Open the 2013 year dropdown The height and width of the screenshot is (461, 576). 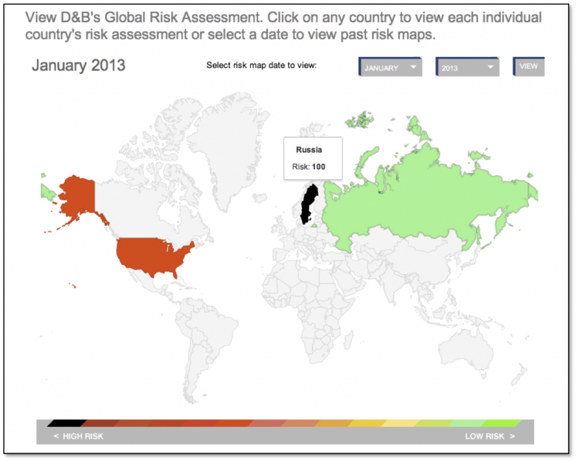pos(467,68)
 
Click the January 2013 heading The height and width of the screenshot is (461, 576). pos(78,65)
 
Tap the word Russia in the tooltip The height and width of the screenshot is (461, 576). pos(309,150)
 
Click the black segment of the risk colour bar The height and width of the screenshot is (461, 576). pos(66,423)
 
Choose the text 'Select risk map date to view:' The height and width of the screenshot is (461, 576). pos(262,65)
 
